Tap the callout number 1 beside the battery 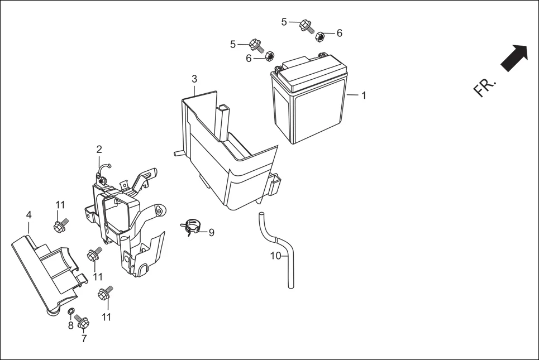(364, 95)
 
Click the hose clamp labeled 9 (190, 227)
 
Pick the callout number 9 (211, 233)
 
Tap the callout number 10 (275, 257)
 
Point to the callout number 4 (28, 214)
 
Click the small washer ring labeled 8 (71, 311)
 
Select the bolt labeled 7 (83, 321)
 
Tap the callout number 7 (84, 338)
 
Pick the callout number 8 (70, 325)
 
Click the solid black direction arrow (514, 58)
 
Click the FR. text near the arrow (484, 87)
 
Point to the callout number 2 (99, 149)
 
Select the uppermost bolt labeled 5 (306, 25)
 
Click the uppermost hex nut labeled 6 (321, 37)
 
